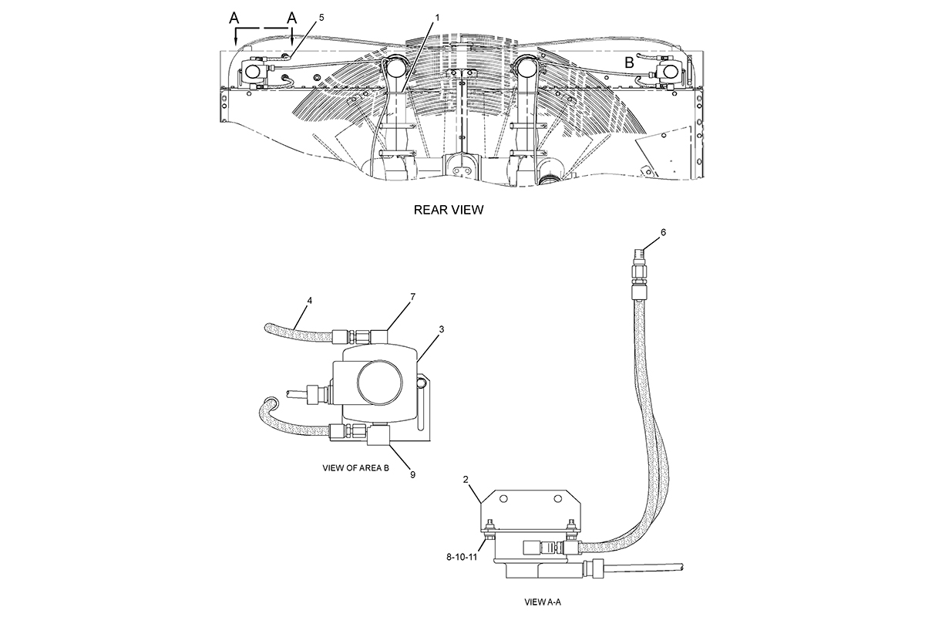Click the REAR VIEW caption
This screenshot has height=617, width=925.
(449, 210)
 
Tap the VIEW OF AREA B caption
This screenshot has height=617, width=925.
(355, 468)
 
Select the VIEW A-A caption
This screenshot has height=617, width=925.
(543, 602)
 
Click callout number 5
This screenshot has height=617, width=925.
(321, 18)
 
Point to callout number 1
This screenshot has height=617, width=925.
(437, 18)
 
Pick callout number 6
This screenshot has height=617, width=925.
(663, 232)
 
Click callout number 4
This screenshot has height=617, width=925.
(309, 301)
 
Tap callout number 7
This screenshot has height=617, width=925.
(412, 297)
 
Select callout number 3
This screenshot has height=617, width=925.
(442, 329)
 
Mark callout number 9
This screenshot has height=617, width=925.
(412, 474)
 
